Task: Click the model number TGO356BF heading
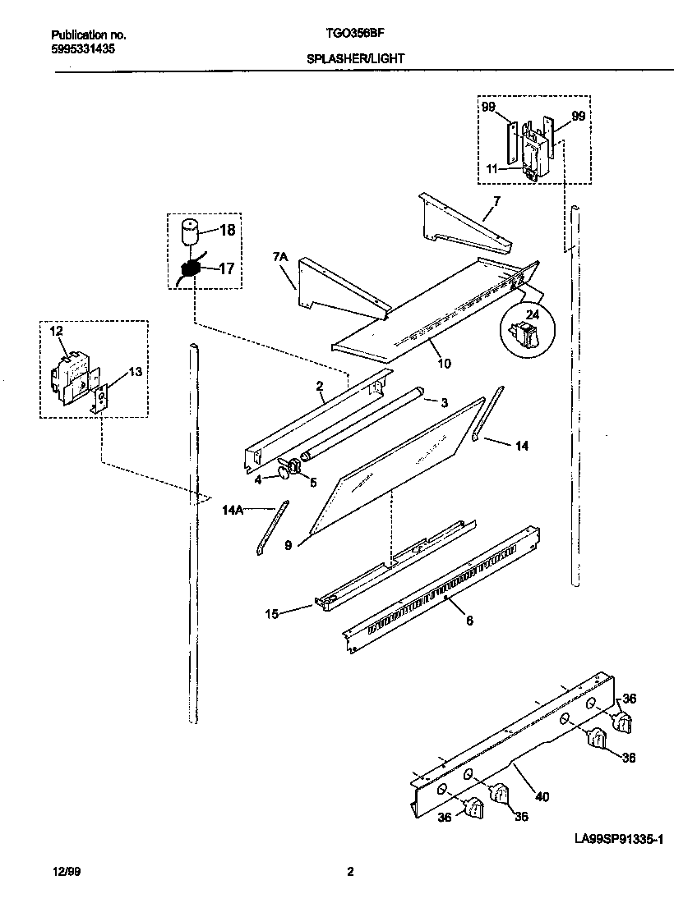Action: click(350, 35)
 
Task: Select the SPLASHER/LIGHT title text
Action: click(355, 59)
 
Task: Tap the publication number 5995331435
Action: click(82, 49)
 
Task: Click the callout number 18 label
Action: click(228, 231)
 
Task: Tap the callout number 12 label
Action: click(56, 332)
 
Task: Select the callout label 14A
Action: click(233, 510)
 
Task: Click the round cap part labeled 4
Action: click(284, 469)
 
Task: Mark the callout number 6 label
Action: click(469, 621)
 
